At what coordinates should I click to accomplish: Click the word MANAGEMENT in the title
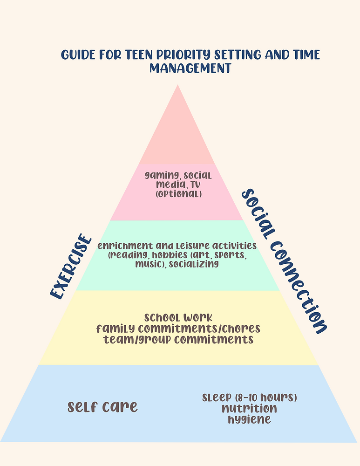click(x=190, y=68)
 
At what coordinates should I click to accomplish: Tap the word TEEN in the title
click(x=141, y=55)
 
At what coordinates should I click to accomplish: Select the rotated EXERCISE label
click(x=71, y=267)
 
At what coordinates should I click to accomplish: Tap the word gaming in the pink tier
click(x=161, y=176)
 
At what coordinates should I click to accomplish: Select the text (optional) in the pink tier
click(x=178, y=193)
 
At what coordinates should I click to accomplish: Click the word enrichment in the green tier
click(x=123, y=245)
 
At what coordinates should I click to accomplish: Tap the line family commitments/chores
click(x=178, y=329)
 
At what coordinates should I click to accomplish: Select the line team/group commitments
click(x=178, y=339)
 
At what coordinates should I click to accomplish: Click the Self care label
click(x=103, y=407)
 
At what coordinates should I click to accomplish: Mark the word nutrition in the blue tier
click(x=249, y=408)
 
